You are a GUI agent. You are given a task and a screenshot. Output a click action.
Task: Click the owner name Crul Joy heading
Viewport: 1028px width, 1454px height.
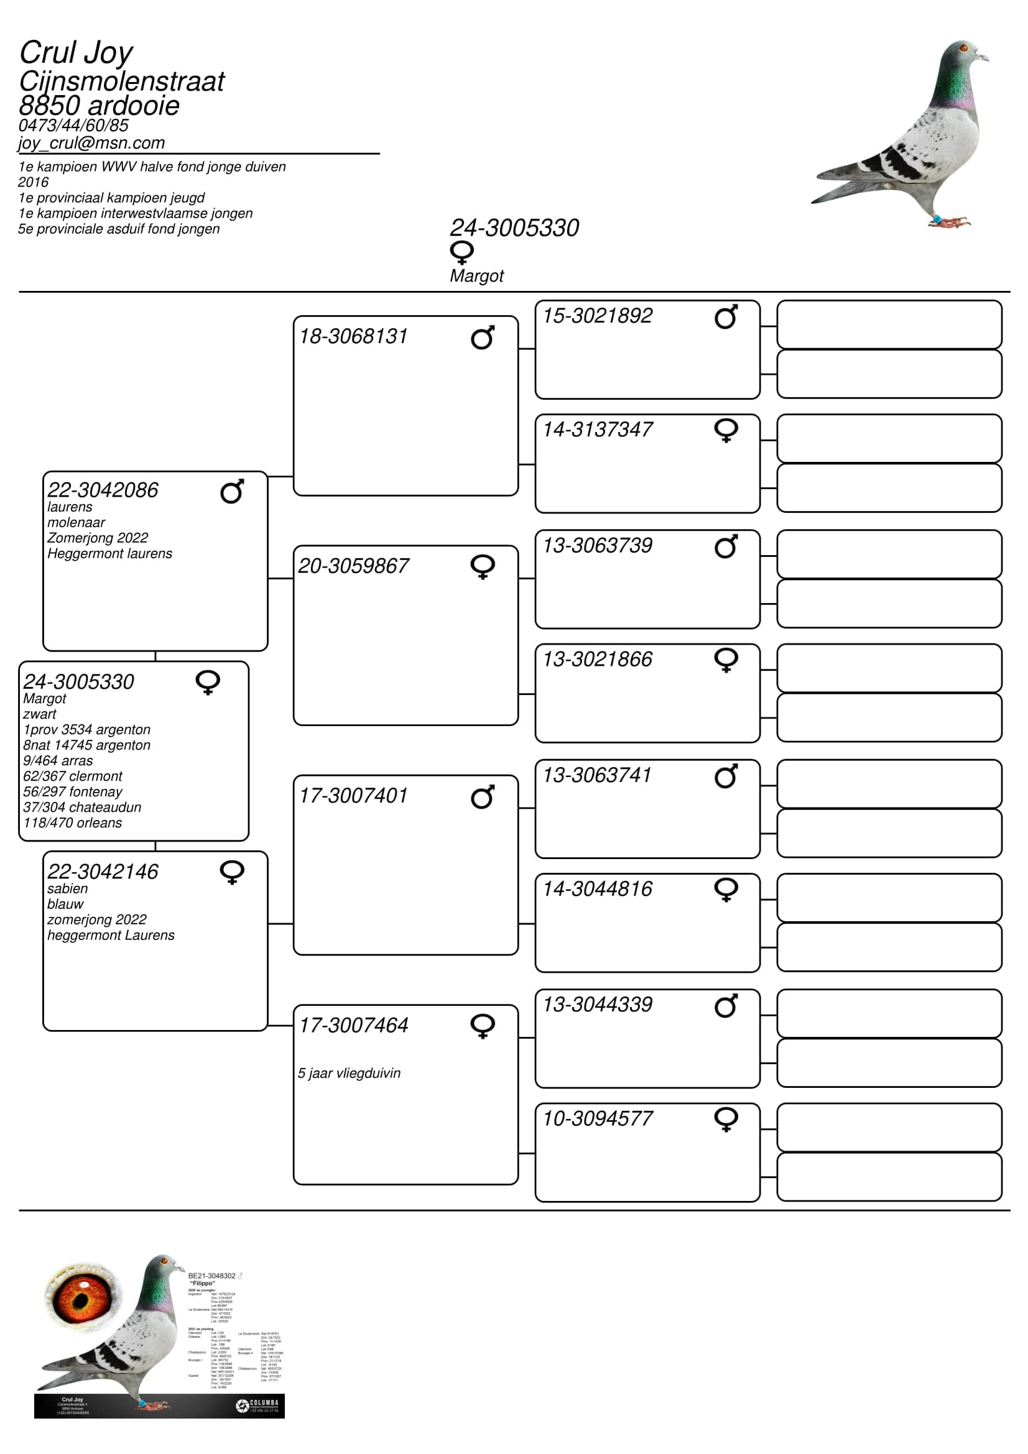(x=76, y=53)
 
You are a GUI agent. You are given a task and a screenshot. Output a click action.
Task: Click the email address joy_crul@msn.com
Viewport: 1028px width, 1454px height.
(x=92, y=143)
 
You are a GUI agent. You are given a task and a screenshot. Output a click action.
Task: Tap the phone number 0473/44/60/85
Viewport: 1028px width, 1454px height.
(x=73, y=126)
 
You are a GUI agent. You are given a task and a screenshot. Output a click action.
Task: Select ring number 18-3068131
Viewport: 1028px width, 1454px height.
(x=353, y=336)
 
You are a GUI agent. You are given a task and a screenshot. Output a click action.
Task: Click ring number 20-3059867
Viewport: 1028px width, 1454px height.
(x=353, y=566)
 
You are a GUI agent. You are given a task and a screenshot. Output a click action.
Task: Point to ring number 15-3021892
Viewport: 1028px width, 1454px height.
(x=597, y=315)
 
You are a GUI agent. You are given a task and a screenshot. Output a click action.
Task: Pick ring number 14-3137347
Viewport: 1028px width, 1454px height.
(x=597, y=430)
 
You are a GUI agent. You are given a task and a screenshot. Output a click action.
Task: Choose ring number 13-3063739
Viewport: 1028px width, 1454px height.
(x=597, y=545)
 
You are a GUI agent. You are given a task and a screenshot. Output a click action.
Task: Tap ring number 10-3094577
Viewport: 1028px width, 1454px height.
(x=597, y=1118)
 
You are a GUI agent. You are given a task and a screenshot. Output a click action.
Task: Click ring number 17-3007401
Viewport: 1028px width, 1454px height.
(x=353, y=796)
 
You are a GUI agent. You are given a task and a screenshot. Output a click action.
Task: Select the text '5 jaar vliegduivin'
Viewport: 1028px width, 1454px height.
(x=349, y=1073)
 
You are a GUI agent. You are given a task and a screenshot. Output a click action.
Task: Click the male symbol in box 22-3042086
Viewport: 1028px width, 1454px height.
(x=232, y=492)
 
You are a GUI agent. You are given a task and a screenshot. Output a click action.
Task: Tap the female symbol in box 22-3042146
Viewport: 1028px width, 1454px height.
(x=232, y=872)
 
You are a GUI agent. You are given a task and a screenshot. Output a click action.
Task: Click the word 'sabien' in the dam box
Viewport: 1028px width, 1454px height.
(x=67, y=888)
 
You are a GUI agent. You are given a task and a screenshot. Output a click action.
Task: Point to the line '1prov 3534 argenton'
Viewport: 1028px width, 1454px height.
(x=87, y=730)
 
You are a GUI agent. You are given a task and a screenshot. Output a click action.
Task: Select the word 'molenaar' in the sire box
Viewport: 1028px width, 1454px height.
(x=76, y=522)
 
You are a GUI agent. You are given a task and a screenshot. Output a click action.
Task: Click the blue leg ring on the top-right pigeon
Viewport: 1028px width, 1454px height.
(x=936, y=219)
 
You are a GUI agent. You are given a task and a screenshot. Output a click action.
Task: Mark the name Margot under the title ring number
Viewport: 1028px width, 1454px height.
(x=476, y=276)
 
